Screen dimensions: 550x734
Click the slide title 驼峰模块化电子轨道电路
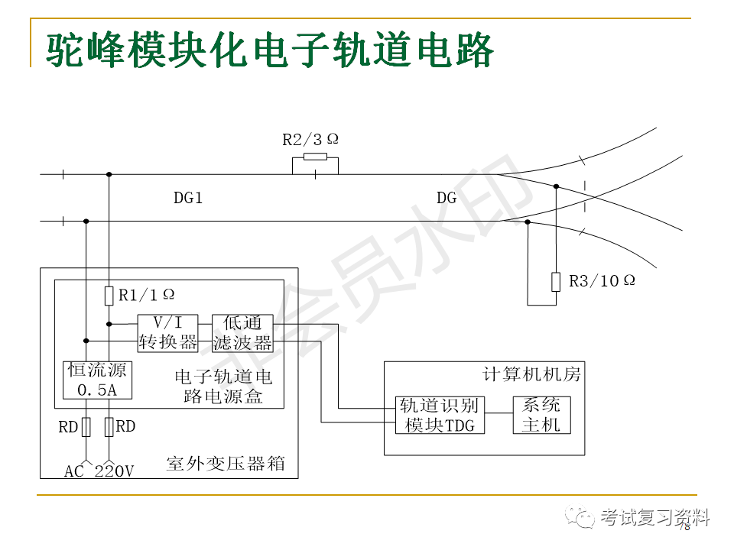269,50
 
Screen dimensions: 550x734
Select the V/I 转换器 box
167,332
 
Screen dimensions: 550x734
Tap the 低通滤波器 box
242,332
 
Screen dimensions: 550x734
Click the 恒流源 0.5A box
98,380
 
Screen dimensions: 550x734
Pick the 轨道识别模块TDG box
440,415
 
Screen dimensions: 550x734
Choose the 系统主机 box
541,415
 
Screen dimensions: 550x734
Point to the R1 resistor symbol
109,295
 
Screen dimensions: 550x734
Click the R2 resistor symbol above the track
315,157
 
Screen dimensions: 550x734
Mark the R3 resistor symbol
556,281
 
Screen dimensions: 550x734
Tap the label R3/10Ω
602,280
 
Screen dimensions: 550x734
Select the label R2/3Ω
310,139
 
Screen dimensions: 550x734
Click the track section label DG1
188,199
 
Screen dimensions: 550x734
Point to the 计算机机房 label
532,374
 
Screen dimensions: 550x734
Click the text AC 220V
99,471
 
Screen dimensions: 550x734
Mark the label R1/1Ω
147,294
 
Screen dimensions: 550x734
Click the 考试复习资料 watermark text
655,517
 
